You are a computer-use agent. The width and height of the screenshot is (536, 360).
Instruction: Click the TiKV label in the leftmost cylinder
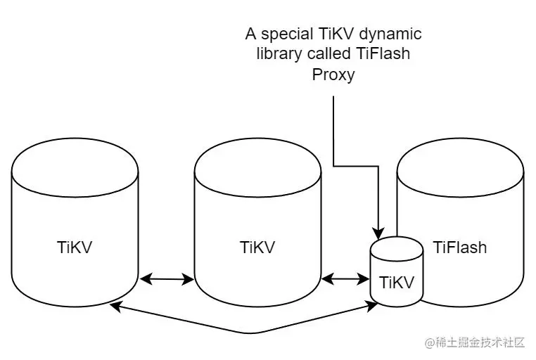[75, 248]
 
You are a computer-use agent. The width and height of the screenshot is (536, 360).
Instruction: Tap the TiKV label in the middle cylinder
[257, 248]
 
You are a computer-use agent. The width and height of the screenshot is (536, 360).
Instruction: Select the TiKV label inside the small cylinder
[397, 283]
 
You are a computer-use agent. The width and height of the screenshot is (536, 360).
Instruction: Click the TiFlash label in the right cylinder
[460, 248]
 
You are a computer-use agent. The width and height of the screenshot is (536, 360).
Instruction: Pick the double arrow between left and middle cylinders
[167, 280]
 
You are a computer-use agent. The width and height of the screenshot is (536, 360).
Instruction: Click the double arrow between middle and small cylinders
[346, 280]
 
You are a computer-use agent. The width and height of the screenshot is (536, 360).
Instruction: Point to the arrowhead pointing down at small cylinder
[379, 231]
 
